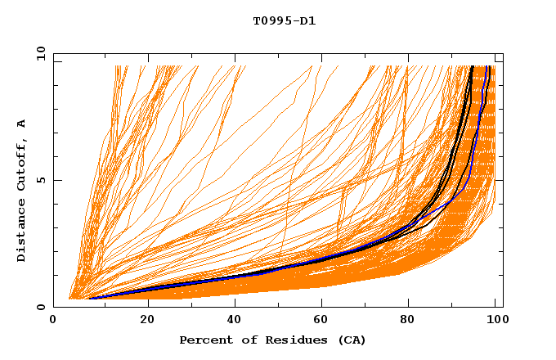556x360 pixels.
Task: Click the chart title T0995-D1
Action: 284,20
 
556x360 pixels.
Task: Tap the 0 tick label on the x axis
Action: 53,321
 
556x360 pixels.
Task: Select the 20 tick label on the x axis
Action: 142,321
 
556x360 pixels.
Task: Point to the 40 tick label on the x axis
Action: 231,321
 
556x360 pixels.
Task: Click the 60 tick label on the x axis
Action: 320,321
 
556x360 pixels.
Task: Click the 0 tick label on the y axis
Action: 41,307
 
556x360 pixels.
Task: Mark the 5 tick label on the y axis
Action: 41,180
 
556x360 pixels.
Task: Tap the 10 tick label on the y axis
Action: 38,53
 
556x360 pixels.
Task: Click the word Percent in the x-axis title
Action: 202,340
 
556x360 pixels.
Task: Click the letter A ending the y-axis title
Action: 21,124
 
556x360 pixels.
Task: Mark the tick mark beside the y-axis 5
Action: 56,180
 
